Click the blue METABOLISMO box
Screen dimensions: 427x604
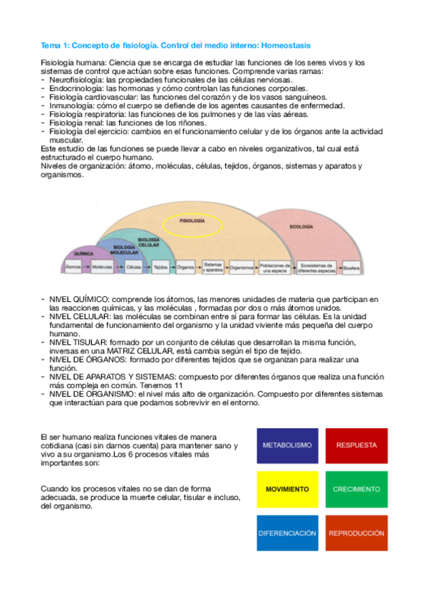pos(287,446)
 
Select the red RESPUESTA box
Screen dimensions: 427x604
pos(356,446)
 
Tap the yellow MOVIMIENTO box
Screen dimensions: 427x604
pos(287,490)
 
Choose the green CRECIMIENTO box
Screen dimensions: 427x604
pos(356,490)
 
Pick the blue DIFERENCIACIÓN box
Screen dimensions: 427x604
pos(287,533)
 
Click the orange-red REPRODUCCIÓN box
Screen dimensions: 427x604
pos(356,533)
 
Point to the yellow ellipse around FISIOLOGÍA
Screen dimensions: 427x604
pos(192,222)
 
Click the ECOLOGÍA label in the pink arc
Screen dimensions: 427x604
pos(301,226)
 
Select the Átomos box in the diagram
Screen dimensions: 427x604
pos(73,267)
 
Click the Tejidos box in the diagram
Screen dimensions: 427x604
pos(160,268)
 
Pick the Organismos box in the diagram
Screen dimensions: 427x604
pos(242,268)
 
